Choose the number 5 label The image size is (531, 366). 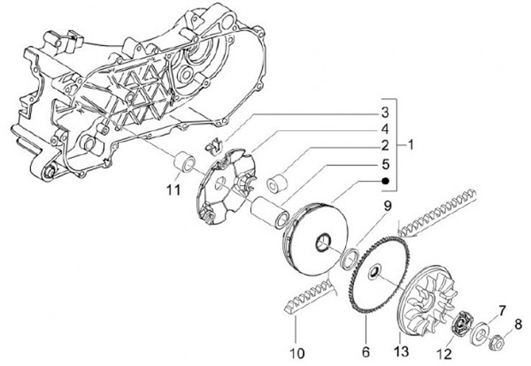coord(384,163)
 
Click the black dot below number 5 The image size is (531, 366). coord(384,181)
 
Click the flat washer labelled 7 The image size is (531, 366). coord(485,330)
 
